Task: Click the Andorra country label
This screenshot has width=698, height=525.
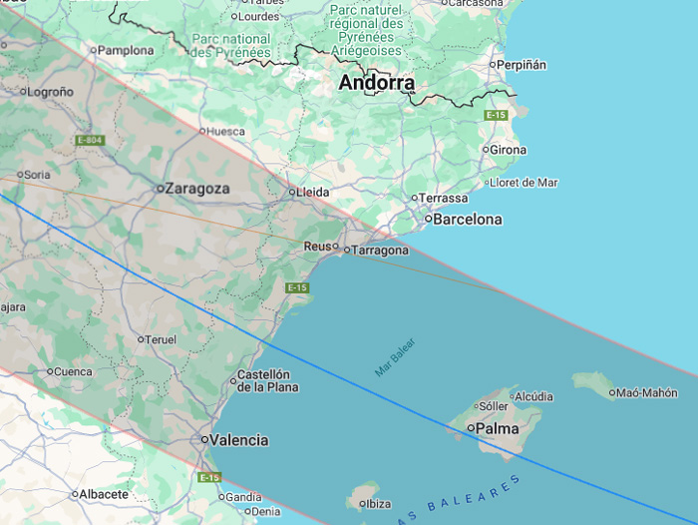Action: point(376,83)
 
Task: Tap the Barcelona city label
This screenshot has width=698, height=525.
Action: point(466,219)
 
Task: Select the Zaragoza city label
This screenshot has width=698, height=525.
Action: point(197,188)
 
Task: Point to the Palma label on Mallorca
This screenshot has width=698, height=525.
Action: point(497,428)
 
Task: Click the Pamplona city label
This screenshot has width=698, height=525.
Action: point(126,50)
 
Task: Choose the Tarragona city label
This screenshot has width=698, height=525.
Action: point(380,251)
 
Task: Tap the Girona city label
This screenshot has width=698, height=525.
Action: point(508,150)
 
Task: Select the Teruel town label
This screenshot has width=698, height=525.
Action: point(161,339)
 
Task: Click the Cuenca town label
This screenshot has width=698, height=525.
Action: point(72,371)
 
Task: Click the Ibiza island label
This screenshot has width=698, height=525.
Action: point(378,504)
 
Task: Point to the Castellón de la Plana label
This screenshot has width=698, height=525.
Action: point(265,381)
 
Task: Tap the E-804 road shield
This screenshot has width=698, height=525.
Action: point(89,140)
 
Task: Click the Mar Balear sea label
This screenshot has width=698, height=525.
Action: point(395,358)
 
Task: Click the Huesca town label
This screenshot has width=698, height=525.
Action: point(225,130)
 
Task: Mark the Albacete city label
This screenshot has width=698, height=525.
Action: point(104,494)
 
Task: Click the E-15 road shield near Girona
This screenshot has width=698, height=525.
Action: point(496,116)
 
